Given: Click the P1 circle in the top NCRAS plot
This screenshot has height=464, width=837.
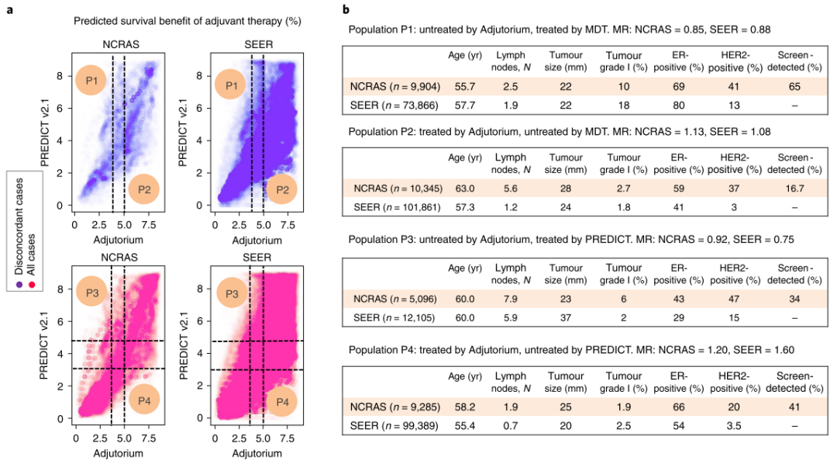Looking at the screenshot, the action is [x=91, y=80].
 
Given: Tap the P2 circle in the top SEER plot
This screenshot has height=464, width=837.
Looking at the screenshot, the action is [x=282, y=189].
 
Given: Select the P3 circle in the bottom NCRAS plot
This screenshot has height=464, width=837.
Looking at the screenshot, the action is [x=91, y=293].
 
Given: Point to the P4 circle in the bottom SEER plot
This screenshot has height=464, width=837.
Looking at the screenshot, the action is [x=282, y=401].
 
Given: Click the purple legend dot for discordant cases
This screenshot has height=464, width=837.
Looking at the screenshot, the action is [x=19, y=285].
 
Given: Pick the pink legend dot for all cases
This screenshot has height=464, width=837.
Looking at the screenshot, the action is [x=32, y=285].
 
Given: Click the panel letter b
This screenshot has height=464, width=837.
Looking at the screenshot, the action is [x=346, y=9].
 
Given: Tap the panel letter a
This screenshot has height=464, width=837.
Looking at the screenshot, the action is [x=10, y=9].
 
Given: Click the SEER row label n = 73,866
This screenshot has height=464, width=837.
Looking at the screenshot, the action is [x=394, y=106].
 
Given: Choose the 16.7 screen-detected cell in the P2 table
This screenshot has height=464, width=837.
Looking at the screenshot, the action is [x=794, y=189].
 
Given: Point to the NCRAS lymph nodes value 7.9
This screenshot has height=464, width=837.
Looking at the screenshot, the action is [x=510, y=299].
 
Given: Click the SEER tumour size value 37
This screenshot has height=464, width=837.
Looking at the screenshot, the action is [x=566, y=317].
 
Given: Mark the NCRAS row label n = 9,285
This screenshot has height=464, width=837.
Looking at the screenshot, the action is [x=395, y=407].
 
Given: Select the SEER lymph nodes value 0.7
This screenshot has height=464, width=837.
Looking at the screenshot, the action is [x=510, y=426].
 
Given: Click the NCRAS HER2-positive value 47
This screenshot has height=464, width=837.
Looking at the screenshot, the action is [x=734, y=299].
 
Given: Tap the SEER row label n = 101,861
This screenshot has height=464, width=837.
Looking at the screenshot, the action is [x=397, y=207].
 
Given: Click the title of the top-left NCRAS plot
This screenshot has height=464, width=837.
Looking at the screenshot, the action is [x=121, y=45].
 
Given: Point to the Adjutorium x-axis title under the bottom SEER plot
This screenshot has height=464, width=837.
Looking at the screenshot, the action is [x=257, y=454].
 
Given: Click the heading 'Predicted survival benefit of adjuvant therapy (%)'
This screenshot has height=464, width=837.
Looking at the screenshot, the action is [x=188, y=22].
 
